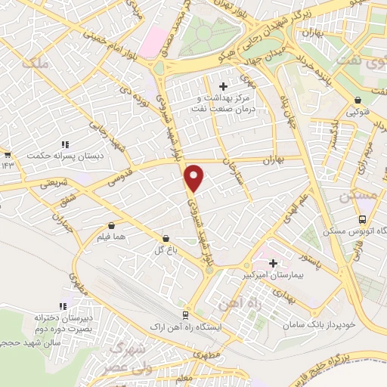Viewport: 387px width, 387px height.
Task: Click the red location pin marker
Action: click(x=195, y=178)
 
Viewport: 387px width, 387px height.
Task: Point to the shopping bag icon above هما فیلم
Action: click(x=112, y=225)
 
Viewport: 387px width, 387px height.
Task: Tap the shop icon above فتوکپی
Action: click(x=356, y=99)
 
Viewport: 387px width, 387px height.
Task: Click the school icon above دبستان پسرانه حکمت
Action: click(x=65, y=144)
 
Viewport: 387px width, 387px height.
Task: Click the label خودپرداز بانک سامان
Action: click(x=302, y=324)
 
